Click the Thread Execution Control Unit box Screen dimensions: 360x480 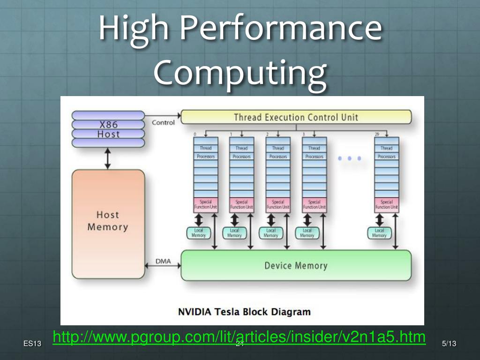(296, 117)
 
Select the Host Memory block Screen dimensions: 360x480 (108, 221)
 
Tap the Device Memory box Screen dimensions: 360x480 (296, 265)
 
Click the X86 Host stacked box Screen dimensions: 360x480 (108, 129)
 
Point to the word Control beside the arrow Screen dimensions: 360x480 (163, 122)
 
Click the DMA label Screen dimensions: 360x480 (163, 261)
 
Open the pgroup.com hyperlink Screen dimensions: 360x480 (239, 337)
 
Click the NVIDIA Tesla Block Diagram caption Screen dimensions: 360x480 (244, 311)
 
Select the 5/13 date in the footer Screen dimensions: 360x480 (449, 345)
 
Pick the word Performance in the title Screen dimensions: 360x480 (280, 29)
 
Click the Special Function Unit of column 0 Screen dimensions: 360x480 (205, 204)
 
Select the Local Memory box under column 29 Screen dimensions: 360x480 (379, 233)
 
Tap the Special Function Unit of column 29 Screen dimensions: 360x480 (386, 204)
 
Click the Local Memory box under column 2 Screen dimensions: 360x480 (270, 233)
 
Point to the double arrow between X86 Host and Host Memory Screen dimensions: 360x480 (108, 158)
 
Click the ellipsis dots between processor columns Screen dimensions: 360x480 (350, 158)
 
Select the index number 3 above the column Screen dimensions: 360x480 (304, 135)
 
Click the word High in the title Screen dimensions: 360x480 (134, 29)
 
